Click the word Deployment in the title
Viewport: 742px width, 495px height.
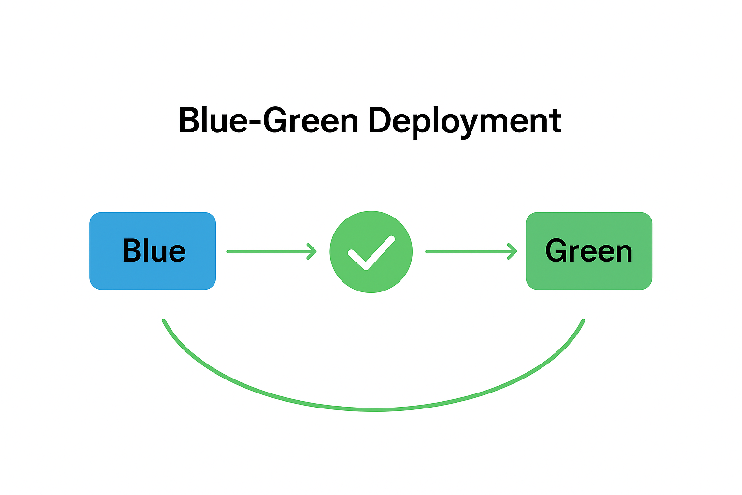[465, 121]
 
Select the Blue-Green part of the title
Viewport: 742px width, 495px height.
[269, 121]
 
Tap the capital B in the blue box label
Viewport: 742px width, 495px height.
[131, 250]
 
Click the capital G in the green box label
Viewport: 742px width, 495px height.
[556, 250]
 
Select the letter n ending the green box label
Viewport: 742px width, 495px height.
[623, 253]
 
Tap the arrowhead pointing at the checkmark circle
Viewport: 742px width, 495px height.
[313, 251]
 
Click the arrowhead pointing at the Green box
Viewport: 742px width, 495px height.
[513, 251]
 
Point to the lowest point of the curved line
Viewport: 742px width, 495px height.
[376, 409]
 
